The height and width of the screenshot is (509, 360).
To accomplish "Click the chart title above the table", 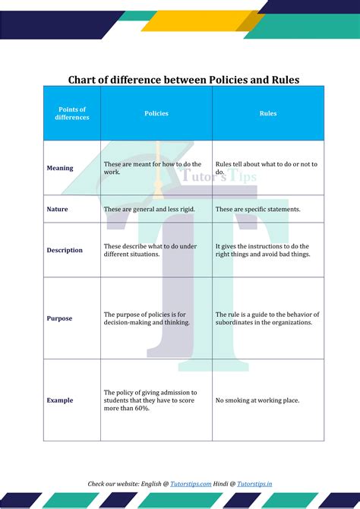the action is (x=184, y=79).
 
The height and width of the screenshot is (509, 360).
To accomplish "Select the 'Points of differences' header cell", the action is (x=72, y=114).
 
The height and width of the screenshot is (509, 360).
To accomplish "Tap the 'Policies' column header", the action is (x=156, y=114).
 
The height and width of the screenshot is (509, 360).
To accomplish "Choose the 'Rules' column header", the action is (x=268, y=114).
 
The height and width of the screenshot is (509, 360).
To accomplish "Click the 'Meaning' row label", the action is (x=60, y=168).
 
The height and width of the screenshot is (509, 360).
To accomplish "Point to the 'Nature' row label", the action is (x=58, y=209).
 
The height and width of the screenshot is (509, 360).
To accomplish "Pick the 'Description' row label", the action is (x=65, y=250).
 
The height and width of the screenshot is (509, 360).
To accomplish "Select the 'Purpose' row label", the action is (x=60, y=318).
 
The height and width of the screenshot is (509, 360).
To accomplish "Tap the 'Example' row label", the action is (x=60, y=400).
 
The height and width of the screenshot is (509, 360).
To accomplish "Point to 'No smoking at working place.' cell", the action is (x=257, y=400).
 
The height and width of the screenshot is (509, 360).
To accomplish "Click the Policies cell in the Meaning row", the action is (x=153, y=168).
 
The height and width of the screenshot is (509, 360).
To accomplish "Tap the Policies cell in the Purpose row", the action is (x=147, y=318).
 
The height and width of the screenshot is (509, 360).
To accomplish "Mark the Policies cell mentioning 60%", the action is (x=150, y=400).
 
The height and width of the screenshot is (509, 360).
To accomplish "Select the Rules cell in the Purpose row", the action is (x=267, y=318).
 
